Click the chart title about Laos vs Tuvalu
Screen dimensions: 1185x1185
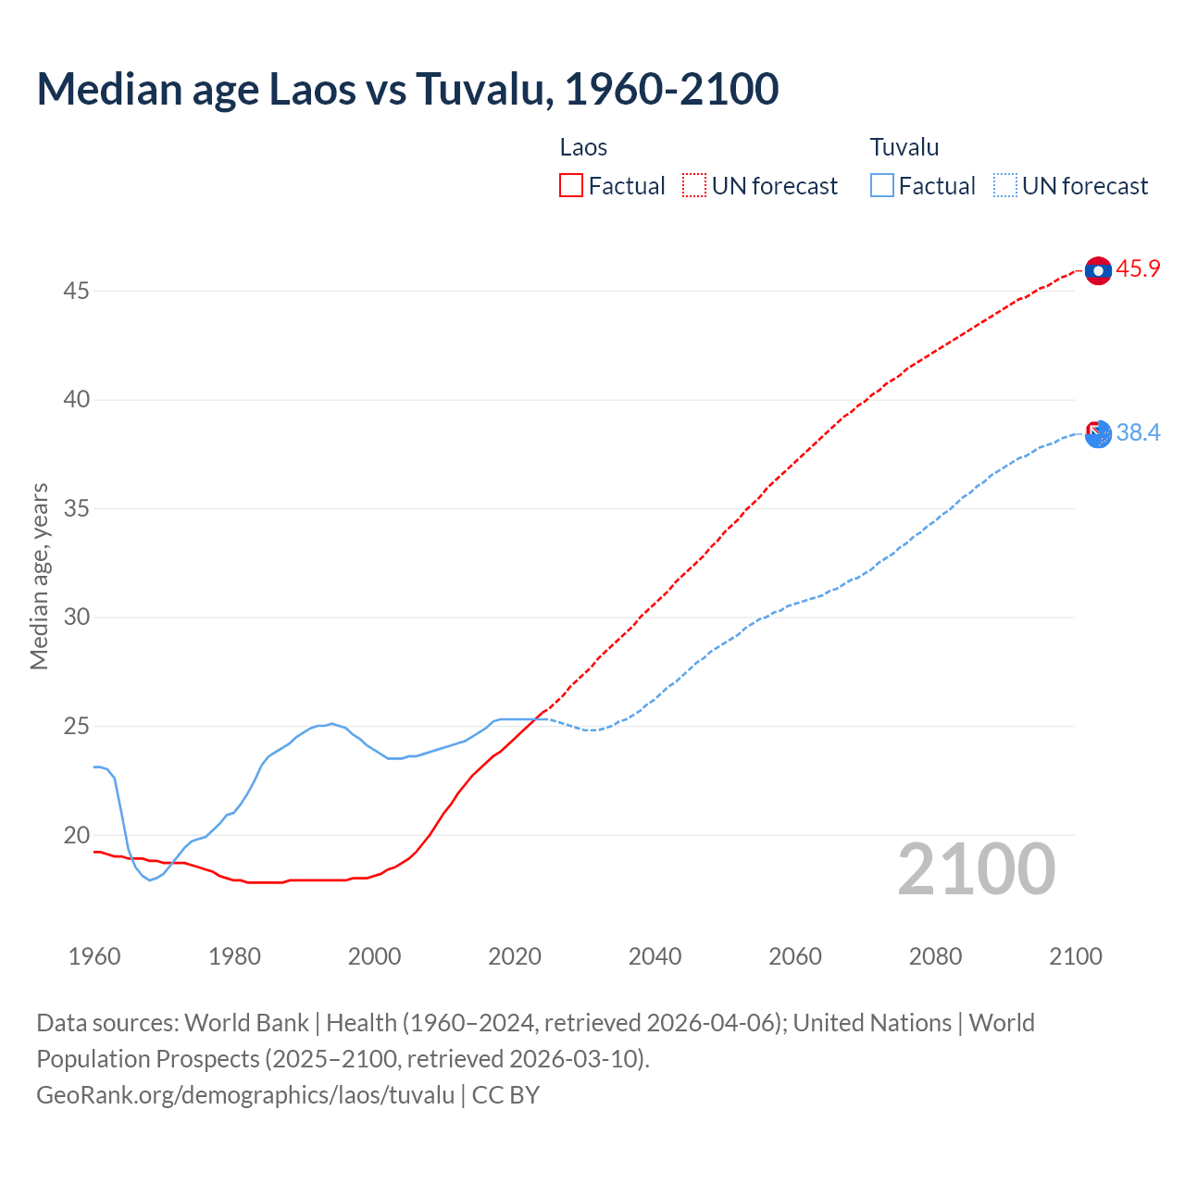(407, 89)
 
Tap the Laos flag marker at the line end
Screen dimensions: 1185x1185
(1098, 270)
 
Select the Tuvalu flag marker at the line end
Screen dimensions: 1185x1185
(1098, 433)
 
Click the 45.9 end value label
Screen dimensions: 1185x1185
(1138, 269)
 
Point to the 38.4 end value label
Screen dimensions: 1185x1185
(1138, 432)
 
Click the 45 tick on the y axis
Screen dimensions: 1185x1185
(76, 292)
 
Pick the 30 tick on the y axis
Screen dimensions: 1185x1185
(76, 617)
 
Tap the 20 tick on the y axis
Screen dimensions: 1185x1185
(76, 835)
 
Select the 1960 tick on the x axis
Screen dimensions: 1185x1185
(94, 956)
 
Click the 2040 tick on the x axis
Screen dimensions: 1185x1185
(655, 956)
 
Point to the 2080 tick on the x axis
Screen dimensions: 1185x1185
(935, 956)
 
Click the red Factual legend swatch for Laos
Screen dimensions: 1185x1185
(571, 186)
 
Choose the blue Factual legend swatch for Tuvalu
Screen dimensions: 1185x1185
(882, 186)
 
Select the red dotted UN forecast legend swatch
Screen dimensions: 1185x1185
(694, 186)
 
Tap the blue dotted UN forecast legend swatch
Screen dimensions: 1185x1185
(1005, 186)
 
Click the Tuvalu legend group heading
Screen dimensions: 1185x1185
(904, 147)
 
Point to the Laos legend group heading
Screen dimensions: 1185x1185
(583, 147)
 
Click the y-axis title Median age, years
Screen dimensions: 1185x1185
(39, 576)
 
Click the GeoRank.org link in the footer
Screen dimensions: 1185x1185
(245, 1095)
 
